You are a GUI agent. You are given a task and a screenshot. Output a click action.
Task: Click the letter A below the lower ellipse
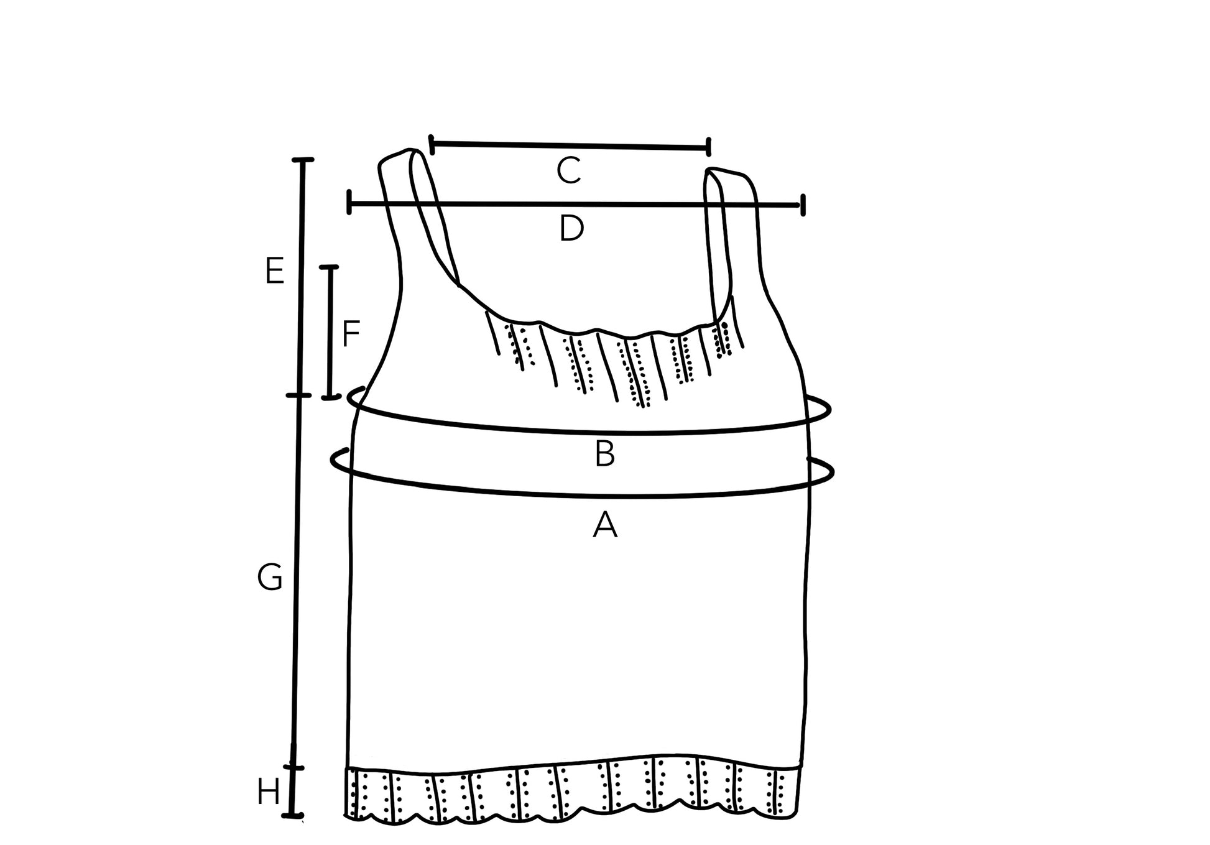tap(605, 525)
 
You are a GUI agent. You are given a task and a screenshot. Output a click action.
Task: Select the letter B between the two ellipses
tap(605, 454)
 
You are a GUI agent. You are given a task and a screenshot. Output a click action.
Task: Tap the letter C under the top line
tap(569, 171)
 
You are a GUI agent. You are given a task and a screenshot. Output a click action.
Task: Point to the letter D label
tap(571, 229)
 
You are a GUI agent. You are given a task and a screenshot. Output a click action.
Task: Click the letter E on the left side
tap(274, 271)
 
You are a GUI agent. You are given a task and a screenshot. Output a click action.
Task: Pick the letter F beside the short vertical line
tap(351, 334)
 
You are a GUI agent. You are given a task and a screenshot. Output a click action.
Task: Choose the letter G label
tap(270, 578)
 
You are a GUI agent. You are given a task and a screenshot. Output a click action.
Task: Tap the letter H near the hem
tap(269, 793)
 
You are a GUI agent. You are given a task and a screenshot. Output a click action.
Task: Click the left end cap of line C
tap(432, 144)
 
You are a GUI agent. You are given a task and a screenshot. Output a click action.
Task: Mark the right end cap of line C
tap(709, 147)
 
